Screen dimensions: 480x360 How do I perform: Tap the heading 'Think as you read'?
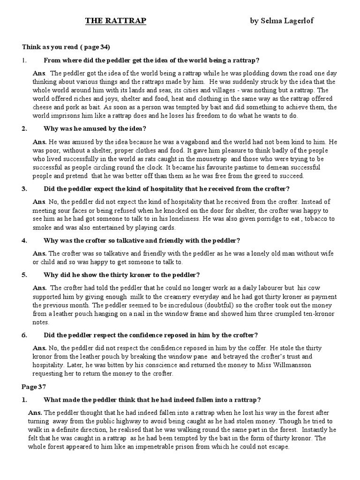click(66, 47)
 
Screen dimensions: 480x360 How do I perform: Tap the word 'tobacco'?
click(317, 219)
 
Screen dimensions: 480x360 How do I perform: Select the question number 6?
click(24, 335)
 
